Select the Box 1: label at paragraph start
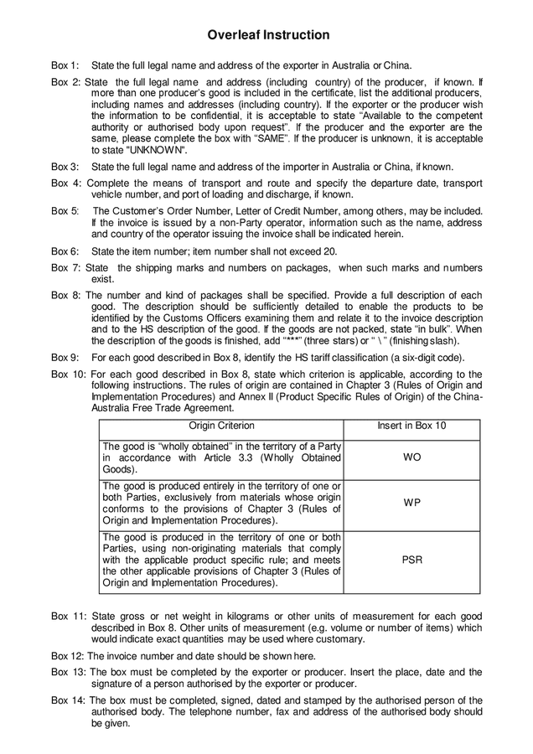click(x=65, y=65)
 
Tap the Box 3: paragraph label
click(x=65, y=167)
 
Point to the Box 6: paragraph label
click(x=65, y=250)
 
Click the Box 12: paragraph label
click(x=68, y=656)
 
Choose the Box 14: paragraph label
click(x=68, y=700)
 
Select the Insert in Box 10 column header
click(x=411, y=426)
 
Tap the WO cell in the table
click(x=411, y=459)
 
